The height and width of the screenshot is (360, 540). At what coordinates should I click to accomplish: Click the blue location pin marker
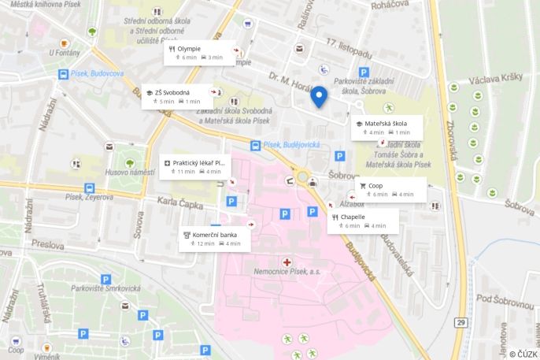(319, 96)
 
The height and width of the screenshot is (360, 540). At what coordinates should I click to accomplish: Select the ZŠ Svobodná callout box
(178, 96)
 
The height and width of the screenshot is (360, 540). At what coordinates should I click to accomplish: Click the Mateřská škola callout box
(387, 128)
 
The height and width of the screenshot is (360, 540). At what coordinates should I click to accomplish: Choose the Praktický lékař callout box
(196, 167)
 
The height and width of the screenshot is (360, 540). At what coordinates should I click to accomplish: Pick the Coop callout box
(390, 189)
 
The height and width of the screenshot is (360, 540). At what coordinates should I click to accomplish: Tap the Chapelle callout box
(363, 221)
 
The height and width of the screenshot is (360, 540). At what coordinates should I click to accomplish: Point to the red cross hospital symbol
(287, 261)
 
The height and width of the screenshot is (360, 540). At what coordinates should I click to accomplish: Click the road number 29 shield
(460, 323)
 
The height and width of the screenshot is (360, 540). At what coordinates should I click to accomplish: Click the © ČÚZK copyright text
(523, 354)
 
